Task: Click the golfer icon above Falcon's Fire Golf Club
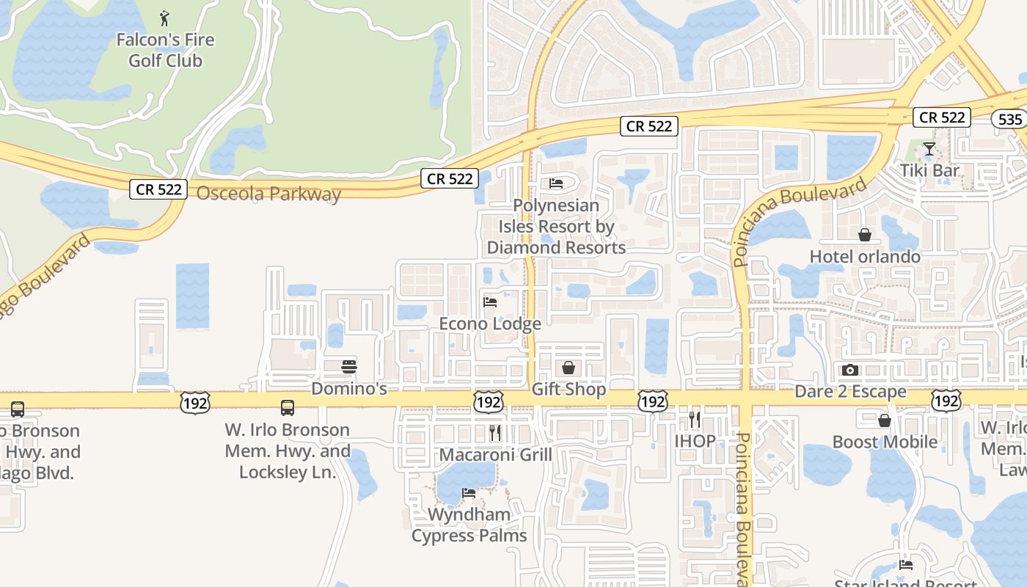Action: pos(165,17)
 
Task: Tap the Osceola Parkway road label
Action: pos(268,194)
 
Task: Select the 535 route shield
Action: pos(1009,119)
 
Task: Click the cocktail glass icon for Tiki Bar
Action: pos(929,149)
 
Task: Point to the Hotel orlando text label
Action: pos(865,256)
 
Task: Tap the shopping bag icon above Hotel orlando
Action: pos(865,235)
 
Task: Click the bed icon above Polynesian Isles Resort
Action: pos(556,183)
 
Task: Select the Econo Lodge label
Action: pos(490,324)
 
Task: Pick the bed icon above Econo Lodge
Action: pos(490,302)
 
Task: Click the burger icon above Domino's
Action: pos(349,367)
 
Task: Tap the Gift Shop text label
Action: pos(569,389)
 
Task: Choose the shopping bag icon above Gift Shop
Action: pos(569,368)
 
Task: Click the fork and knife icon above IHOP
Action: pos(694,420)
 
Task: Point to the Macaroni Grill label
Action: pos(495,455)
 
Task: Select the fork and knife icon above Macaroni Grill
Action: pos(495,433)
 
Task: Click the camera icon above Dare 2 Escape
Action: pos(850,370)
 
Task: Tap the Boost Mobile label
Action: pos(885,442)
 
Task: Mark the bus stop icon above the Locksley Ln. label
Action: pos(288,408)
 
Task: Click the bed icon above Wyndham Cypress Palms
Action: pos(469,493)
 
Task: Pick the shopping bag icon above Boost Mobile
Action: pos(885,420)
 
